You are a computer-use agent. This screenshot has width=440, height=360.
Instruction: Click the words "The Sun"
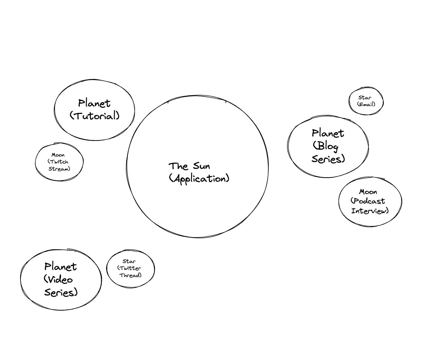189,166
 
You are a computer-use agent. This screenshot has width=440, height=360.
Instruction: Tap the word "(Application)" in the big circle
199,179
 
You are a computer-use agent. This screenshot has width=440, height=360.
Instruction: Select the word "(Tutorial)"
95,116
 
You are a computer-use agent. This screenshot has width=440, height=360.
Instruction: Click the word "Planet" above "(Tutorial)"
94,103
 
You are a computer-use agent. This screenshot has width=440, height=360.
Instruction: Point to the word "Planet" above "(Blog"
328,133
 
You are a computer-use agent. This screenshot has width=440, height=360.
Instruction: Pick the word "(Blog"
325,146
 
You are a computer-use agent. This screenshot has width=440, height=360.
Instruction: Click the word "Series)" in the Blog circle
328,159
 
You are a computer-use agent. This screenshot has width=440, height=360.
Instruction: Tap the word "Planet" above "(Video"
61,267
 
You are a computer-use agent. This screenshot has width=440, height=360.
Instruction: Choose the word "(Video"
58,279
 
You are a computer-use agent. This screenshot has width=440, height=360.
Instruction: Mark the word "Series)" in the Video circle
61,292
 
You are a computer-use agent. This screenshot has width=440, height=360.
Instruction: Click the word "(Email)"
366,104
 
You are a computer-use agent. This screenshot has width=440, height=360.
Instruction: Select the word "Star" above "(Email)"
365,97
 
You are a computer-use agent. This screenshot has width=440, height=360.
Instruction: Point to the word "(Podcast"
368,201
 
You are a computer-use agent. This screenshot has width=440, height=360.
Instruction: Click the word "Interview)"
370,211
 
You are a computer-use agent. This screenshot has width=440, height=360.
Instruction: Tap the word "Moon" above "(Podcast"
368,192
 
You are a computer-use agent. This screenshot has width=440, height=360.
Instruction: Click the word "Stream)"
59,169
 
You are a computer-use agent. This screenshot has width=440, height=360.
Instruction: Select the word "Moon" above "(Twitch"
58,155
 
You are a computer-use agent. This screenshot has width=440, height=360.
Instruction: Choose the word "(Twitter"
129,268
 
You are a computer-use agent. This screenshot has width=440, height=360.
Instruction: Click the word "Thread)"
131,275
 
